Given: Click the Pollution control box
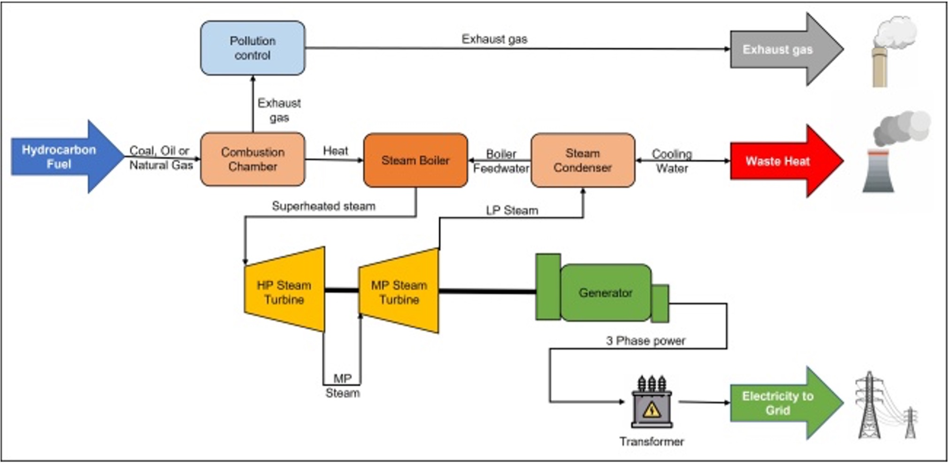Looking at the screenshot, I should pyautogui.click(x=253, y=48).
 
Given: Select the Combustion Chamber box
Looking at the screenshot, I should pyautogui.click(x=253, y=159).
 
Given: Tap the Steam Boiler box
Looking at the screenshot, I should pyautogui.click(x=415, y=160).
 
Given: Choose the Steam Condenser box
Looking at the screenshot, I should pyautogui.click(x=583, y=160).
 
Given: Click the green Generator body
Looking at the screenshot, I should pyautogui.click(x=605, y=292).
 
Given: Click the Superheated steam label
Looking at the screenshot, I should pyautogui.click(x=323, y=206).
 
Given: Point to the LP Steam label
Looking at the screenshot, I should pyautogui.click(x=512, y=210).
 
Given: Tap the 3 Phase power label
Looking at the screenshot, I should pyautogui.click(x=645, y=341).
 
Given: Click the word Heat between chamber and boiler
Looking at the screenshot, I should pyautogui.click(x=335, y=151).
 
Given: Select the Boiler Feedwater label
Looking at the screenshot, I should pyautogui.click(x=501, y=161).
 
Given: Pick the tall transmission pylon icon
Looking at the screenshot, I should pyautogui.click(x=869, y=406).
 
